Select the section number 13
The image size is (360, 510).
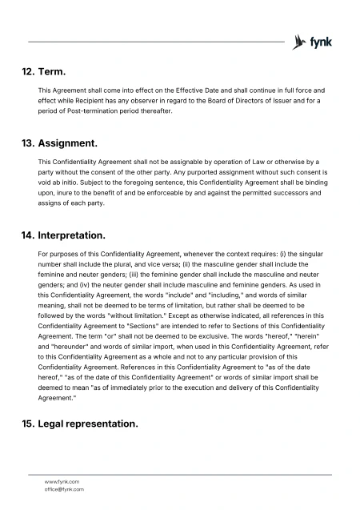29,144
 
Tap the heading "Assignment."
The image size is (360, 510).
68,144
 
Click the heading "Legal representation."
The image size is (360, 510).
88,424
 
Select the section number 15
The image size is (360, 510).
29,424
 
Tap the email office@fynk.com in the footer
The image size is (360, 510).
64,488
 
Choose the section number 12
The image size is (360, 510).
29,72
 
